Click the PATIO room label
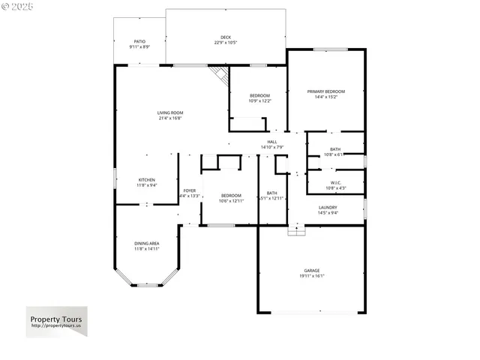coord(139,41)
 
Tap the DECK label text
coord(226,37)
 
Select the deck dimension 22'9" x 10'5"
coord(226,42)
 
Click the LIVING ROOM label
coord(170,112)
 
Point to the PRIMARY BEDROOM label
coord(326,91)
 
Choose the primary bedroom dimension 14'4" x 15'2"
coord(326,97)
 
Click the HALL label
coord(271,142)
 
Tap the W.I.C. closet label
coord(335,182)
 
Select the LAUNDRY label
coord(328,208)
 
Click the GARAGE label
coord(312,270)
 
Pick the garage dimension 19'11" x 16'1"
coord(312,275)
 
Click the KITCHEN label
coord(147,180)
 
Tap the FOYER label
coord(190,190)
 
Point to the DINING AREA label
coord(147,243)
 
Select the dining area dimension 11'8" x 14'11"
coord(147,248)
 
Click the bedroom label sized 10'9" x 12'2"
coord(260,95)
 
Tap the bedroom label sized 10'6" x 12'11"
coord(231,196)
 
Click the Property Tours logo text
coord(56,319)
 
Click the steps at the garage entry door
coord(298,231)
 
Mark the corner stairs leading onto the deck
coord(220,73)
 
